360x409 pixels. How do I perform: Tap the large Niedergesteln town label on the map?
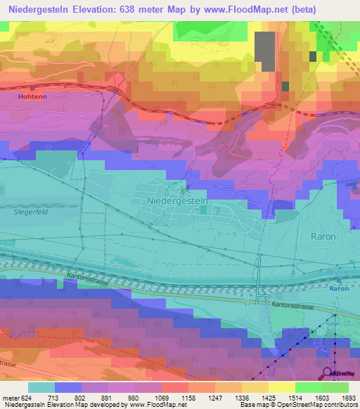click(x=179, y=201)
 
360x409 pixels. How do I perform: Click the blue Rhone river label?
click(x=337, y=274)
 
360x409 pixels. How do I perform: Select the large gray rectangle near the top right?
click(x=264, y=51)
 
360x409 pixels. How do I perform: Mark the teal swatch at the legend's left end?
click(x=41, y=387)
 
